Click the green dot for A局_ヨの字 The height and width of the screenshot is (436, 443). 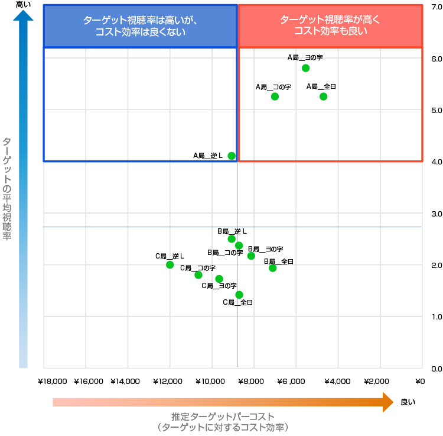(305, 68)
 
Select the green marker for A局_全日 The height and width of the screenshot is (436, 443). (323, 96)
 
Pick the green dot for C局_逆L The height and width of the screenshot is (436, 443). (170, 264)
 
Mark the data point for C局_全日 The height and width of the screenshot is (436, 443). (239, 295)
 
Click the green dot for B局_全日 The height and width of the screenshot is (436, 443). (272, 268)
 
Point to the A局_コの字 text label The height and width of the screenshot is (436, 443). (273, 87)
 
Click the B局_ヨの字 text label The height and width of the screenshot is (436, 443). (265, 249)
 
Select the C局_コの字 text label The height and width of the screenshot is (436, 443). (197, 267)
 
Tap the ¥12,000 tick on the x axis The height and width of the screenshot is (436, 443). (170, 382)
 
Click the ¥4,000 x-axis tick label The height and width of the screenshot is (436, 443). (337, 382)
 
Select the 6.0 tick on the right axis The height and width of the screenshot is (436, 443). (437, 59)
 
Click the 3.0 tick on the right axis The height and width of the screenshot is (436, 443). (437, 214)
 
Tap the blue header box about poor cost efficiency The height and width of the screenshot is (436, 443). (140, 26)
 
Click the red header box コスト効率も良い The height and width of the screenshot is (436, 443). (330, 26)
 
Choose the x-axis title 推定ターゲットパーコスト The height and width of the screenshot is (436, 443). (223, 416)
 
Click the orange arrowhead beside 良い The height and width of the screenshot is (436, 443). (388, 402)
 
